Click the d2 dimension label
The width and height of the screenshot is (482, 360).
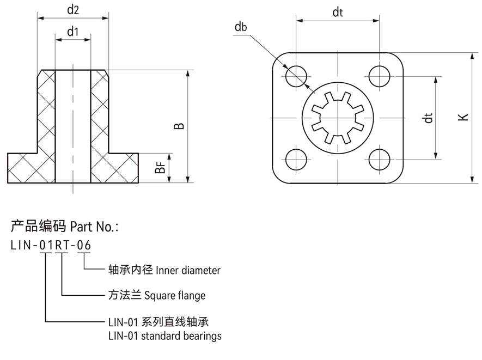coord(73,10)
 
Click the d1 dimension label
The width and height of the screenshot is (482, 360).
coord(73,32)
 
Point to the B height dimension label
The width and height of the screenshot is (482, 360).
coord(179,126)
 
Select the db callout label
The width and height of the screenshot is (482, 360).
coord(241,27)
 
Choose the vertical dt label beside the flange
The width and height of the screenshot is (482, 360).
coord(429,117)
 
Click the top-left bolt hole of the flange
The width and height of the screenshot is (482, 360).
coord(296,75)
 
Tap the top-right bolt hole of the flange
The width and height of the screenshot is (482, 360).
coord(379,75)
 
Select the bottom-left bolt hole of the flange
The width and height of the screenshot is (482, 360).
coord(296,159)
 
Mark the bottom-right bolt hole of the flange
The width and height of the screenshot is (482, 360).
coord(379,159)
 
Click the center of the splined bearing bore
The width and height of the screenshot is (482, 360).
coord(338,117)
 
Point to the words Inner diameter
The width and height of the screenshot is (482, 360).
coord(188,270)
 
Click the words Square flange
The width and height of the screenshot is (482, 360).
coord(175,296)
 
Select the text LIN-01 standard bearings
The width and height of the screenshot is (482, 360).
coord(165,336)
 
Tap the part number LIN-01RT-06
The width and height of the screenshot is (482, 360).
coord(51,246)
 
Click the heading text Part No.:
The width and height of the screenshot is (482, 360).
coord(93,226)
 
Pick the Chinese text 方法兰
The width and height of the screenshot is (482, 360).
coord(125,296)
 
